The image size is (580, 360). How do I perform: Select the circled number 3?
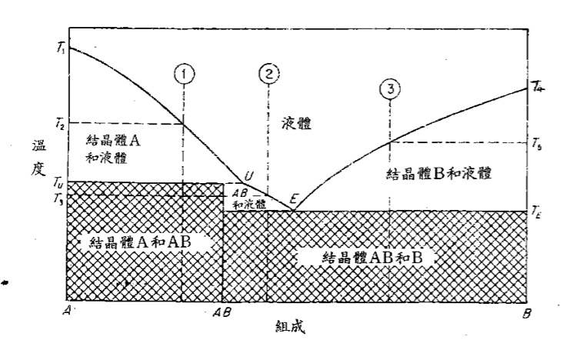coord(391,89)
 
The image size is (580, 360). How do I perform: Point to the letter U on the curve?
coord(248,176)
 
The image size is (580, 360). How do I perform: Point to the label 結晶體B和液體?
coord(438,174)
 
